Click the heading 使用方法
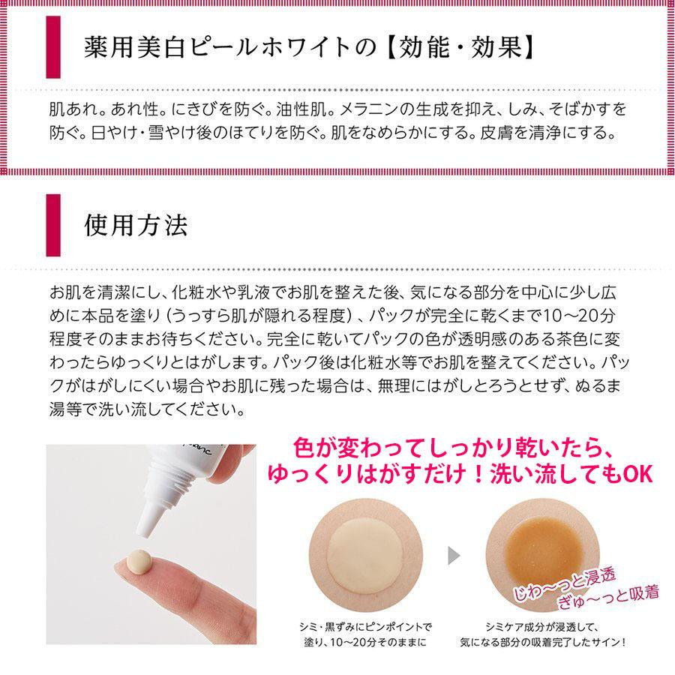click(x=136, y=225)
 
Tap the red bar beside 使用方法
click(x=53, y=225)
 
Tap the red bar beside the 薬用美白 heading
click(x=53, y=46)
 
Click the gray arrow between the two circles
click(x=454, y=556)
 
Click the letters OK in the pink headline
click(x=637, y=475)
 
